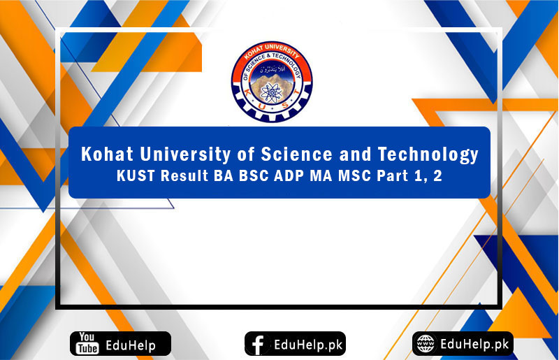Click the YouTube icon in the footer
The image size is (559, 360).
pos(86,344)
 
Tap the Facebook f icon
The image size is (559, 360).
pos(259,344)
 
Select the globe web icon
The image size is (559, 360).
pos(425,343)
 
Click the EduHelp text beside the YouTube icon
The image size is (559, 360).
pos(131,344)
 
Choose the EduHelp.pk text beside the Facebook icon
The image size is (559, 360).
pos(305,344)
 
